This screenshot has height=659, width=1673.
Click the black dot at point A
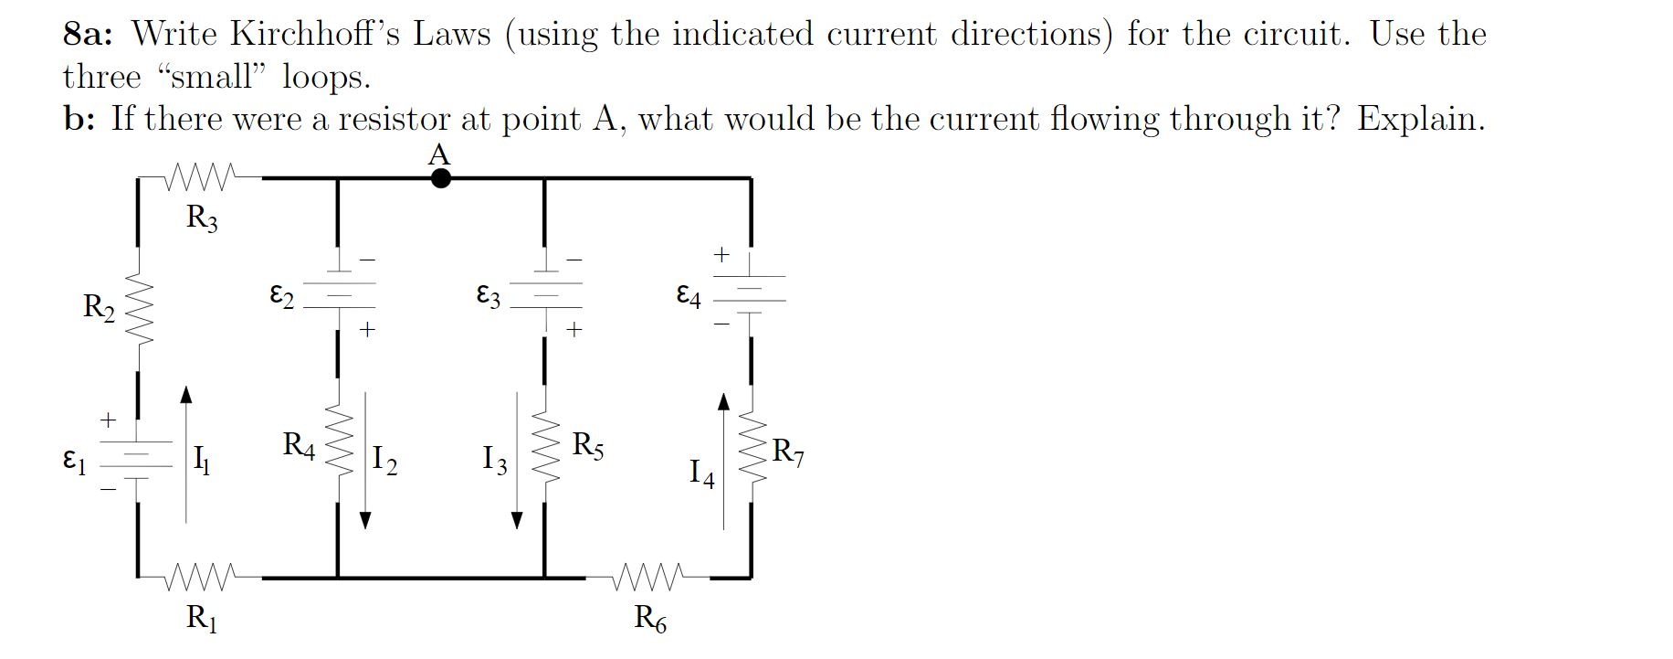[440, 178]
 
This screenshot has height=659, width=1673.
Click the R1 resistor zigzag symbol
[203, 578]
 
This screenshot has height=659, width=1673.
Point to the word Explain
[1419, 119]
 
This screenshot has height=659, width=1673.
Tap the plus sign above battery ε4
[721, 253]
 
